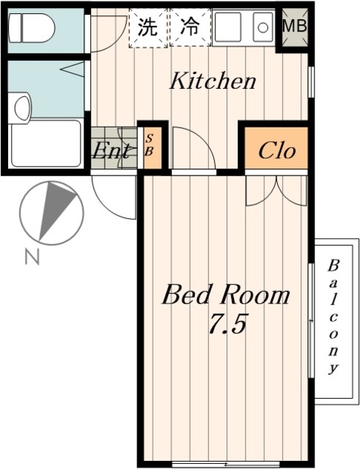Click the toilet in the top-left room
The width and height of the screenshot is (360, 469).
coord(32,28)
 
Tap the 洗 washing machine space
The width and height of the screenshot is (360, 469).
coord(149,28)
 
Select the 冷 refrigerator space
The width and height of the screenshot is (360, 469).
coord(190,28)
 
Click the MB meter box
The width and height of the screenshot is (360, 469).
coord(295,27)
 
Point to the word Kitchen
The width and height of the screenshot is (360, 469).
coord(213,81)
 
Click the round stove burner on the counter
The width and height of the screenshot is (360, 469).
coord(262,28)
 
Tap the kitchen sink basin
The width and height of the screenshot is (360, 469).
coord(228,28)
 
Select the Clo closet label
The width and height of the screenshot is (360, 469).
coord(277,151)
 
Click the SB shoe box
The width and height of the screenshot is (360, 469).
coord(153,147)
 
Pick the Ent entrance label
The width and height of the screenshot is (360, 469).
coord(111,150)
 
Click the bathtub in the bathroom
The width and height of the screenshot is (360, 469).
coord(46,144)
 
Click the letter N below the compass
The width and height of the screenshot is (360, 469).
coord(32,257)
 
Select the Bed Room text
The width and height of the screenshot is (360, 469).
coord(226,295)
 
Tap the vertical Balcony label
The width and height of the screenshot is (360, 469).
coord(333,317)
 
